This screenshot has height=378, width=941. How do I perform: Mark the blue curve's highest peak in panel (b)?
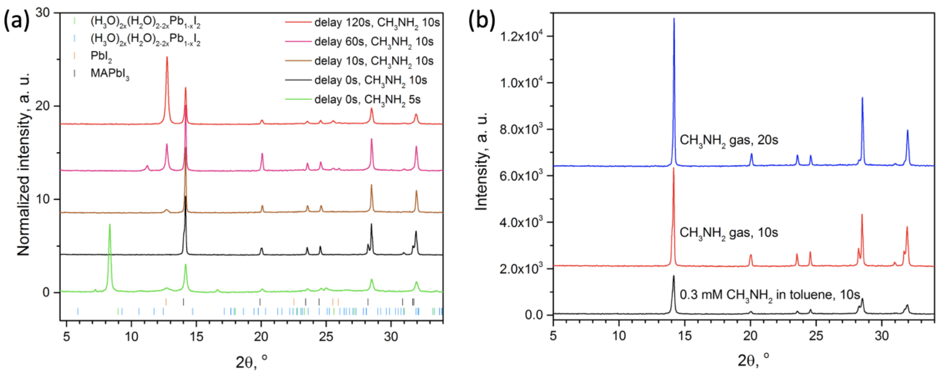point(674,19)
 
